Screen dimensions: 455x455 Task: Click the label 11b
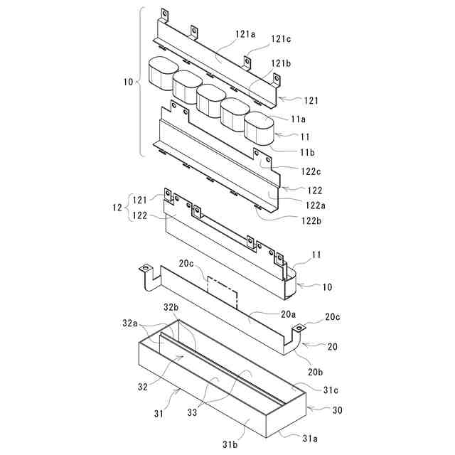click(307, 152)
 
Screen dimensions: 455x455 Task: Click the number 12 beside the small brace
click(117, 208)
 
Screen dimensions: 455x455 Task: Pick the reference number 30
click(338, 410)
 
